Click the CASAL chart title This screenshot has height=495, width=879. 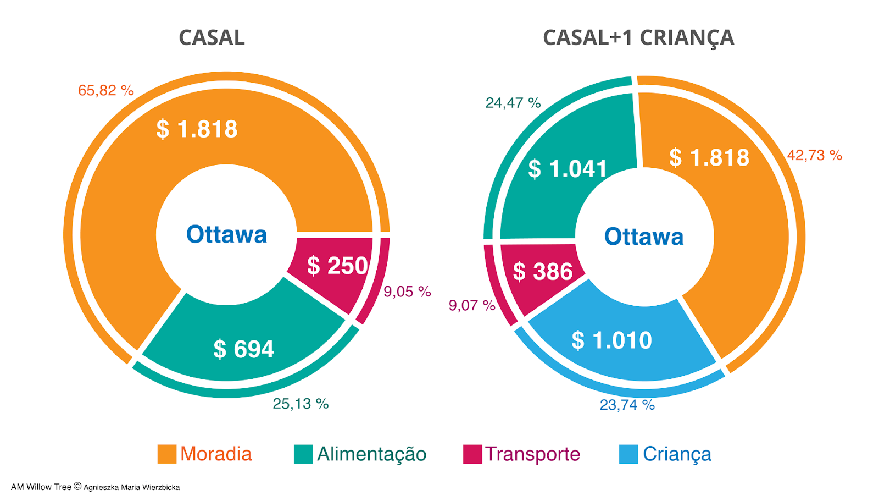[212, 37]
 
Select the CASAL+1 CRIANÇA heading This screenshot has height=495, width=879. [638, 37]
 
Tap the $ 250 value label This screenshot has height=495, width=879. [337, 266]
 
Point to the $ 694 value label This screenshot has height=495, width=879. [243, 349]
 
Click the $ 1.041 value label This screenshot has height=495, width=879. [568, 168]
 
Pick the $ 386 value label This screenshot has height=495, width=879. [542, 271]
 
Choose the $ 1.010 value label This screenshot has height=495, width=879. [611, 340]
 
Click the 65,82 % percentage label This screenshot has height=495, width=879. [106, 90]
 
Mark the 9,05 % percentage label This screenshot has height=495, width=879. [407, 291]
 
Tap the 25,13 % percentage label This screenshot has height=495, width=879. [301, 404]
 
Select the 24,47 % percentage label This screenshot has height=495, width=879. [513, 103]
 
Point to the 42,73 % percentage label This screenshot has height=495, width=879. [814, 155]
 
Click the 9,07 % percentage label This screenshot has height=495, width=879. [472, 305]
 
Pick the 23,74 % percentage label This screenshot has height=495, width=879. [627, 405]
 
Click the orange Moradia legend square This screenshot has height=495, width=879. [166, 454]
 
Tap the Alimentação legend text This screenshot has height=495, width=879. [371, 454]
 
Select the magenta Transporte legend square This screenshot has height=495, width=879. [472, 454]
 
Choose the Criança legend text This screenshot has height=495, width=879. [677, 454]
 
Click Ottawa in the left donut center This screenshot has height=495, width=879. [226, 234]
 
